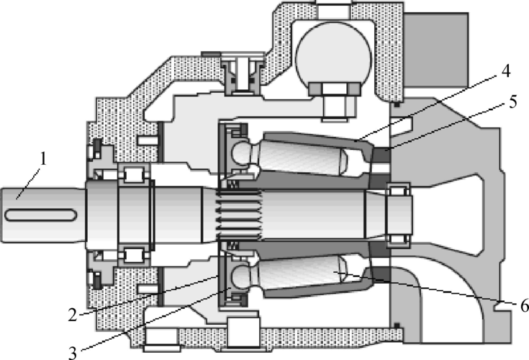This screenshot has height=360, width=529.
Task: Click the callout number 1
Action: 42,159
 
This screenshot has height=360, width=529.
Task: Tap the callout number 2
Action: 73,315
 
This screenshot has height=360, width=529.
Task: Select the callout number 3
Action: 73,353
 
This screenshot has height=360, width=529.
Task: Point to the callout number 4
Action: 505,71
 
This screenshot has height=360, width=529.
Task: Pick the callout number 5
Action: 512,102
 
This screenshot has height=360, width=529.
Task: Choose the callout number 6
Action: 524,306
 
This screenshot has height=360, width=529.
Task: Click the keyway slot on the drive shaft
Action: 40,215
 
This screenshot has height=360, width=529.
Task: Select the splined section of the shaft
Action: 240,215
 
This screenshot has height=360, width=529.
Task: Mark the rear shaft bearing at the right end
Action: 398,215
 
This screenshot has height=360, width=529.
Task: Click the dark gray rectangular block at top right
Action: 435,49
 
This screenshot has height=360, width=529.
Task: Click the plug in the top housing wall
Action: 243,73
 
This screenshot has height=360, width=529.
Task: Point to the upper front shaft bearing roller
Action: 135,174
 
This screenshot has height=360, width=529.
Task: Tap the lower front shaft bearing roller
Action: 135,256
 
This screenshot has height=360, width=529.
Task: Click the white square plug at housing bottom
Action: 243,333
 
